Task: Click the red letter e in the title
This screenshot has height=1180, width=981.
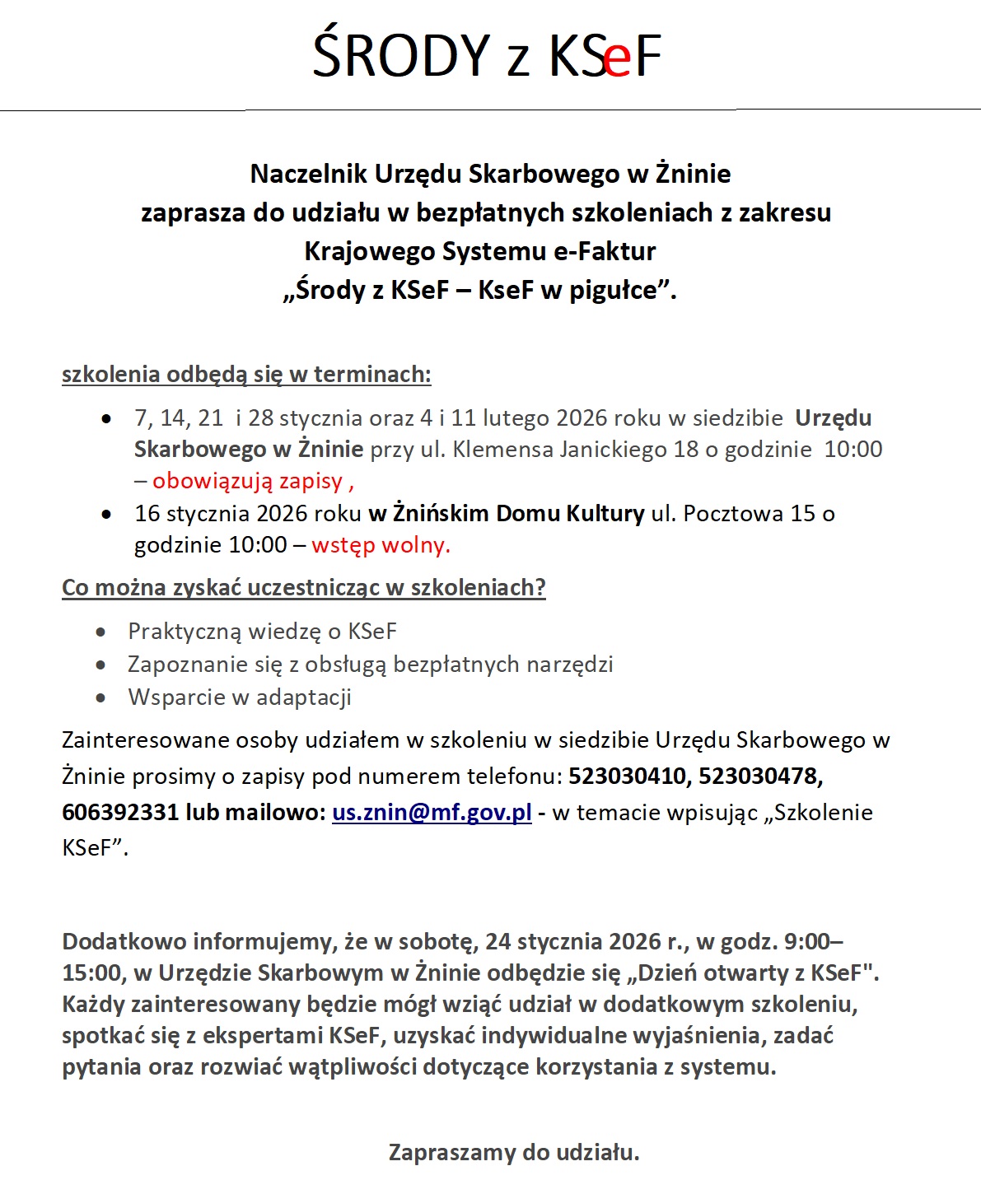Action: click(617, 58)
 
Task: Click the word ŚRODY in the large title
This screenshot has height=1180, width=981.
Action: click(401, 55)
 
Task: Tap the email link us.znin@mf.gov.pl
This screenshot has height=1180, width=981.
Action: click(432, 813)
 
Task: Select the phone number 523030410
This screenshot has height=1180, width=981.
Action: click(626, 777)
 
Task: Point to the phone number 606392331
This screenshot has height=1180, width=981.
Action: click(120, 813)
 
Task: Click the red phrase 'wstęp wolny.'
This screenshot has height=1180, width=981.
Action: click(381, 545)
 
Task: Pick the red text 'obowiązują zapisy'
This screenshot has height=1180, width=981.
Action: click(247, 481)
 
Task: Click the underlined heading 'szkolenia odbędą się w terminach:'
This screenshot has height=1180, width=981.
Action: click(246, 375)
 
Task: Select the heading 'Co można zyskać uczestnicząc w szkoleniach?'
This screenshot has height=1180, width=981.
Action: click(304, 588)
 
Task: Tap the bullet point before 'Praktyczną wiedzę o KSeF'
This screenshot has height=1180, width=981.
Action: click(100, 632)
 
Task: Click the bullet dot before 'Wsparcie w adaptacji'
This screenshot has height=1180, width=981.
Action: click(100, 698)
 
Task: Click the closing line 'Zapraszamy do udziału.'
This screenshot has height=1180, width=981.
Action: click(514, 1152)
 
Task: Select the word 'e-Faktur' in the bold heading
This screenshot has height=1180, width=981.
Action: click(605, 251)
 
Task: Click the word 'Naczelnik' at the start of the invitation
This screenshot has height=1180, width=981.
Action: click(309, 174)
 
